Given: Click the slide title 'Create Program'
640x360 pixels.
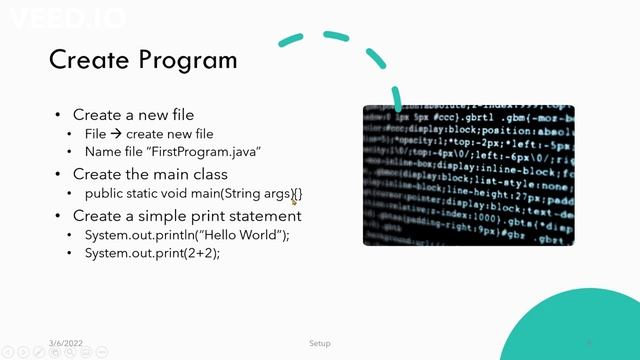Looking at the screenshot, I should (143, 59).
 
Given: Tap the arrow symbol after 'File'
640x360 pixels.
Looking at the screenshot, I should (116, 133).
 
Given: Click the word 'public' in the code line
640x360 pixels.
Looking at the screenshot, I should (102, 193).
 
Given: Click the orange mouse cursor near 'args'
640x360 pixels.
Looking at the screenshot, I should (294, 201).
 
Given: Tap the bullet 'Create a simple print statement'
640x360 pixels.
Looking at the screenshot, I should (187, 215).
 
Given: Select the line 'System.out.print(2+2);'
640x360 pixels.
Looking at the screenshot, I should (152, 254).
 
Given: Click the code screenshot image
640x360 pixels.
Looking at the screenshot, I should (468, 175).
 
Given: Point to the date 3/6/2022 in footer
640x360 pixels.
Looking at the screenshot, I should (66, 343).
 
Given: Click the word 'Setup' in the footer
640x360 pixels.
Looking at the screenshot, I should (319, 343).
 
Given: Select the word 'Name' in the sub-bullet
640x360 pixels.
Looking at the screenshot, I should (101, 152).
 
